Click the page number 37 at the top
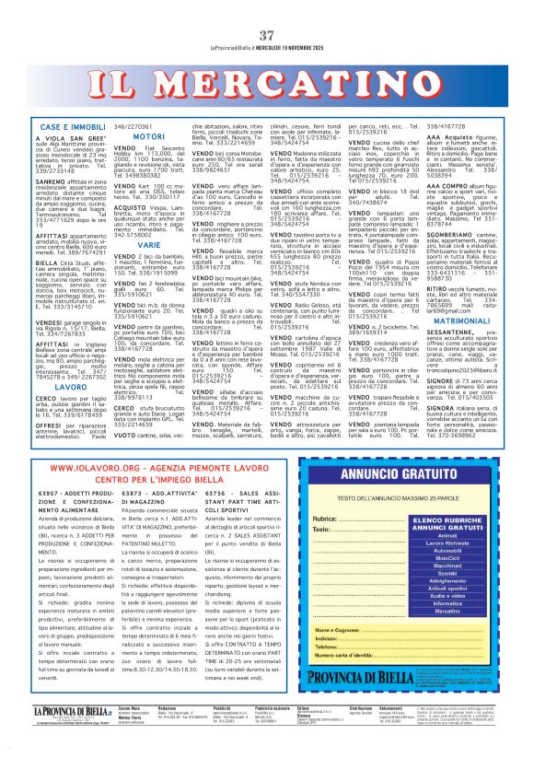pyautogui.click(x=266, y=10)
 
